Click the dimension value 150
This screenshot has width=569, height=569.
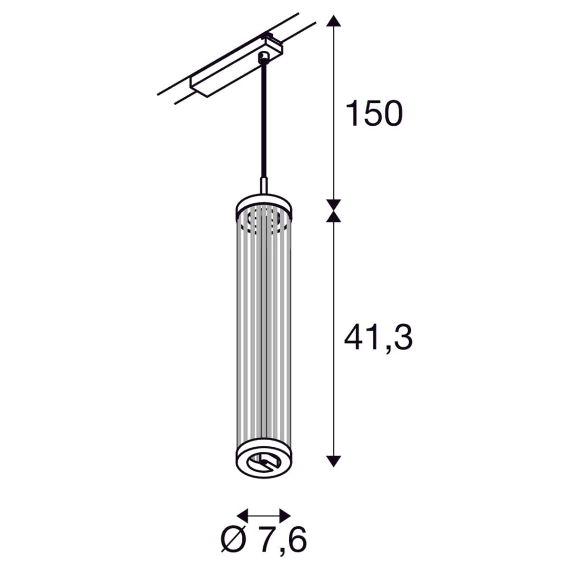point(374,113)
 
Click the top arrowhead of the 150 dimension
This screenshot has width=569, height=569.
point(333,21)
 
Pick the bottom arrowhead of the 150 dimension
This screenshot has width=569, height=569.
point(333,205)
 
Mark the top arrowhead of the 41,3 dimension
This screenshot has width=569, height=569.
point(333,216)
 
